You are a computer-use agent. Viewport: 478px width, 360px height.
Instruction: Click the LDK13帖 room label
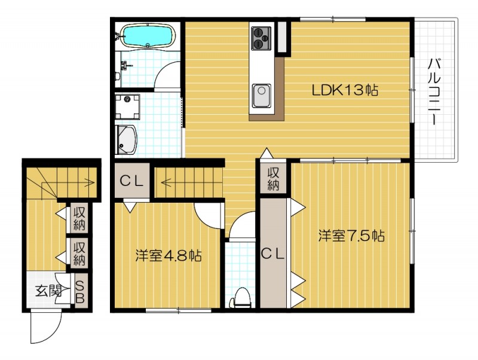345,91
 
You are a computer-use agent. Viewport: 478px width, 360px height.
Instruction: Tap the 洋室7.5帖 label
351,236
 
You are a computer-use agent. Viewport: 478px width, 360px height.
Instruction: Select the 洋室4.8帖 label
168,256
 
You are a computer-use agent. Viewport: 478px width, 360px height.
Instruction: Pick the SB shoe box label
79,291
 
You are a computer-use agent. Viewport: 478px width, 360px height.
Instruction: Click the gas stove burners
261,37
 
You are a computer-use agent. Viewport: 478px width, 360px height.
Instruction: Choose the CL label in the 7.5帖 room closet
274,253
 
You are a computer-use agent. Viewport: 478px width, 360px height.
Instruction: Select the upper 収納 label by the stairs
79,219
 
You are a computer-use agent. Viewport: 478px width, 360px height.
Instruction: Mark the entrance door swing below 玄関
47,328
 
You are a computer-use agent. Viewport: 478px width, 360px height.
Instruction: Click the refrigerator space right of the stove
282,38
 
